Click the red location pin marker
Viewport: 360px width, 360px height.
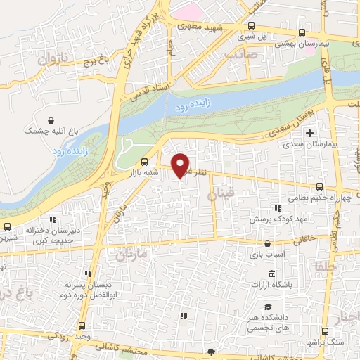[x=181, y=165]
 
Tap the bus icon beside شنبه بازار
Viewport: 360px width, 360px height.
[x=145, y=160]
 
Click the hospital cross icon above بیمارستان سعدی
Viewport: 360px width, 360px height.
[x=309, y=132]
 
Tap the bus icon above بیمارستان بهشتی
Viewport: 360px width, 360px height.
[x=302, y=32]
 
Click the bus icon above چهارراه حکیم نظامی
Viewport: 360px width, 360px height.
[x=320, y=186]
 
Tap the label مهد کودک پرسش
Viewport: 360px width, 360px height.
[x=278, y=219]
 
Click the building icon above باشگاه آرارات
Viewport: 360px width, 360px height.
[x=271, y=274]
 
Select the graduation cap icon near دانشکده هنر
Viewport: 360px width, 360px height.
[x=268, y=307]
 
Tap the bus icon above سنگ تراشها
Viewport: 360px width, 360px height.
[x=324, y=330]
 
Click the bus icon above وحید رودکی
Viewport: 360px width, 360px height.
[x=83, y=326]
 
